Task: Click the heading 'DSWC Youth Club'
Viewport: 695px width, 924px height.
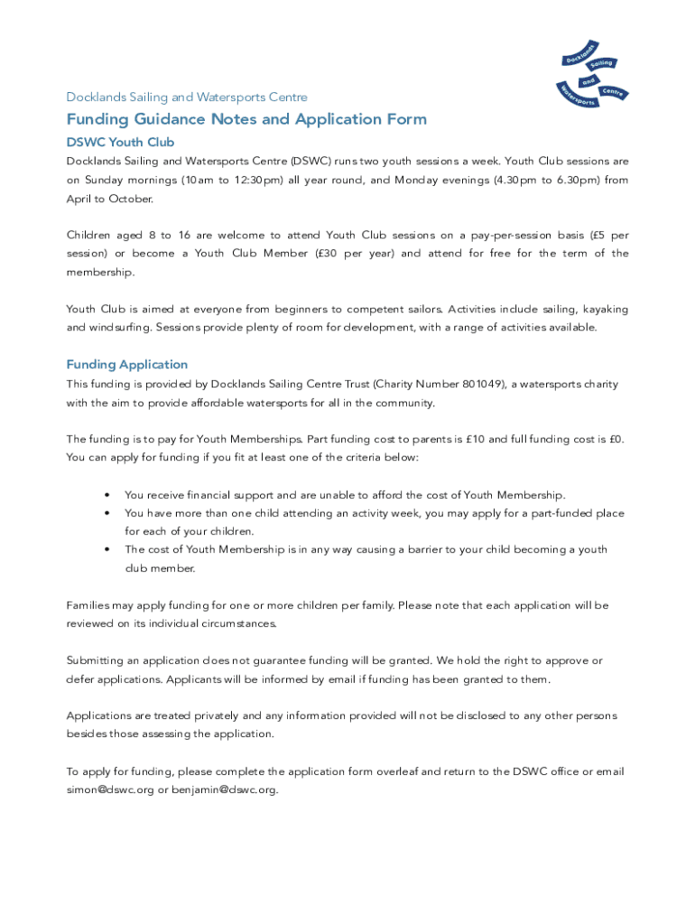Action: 120,143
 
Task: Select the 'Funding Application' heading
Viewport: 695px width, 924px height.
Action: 127,365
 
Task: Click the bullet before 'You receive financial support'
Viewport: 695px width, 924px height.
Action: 107,495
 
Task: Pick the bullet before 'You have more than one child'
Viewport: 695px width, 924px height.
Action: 107,513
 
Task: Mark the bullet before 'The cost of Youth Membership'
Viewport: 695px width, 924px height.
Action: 107,550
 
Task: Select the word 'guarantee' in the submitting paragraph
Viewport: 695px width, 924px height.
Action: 299,661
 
